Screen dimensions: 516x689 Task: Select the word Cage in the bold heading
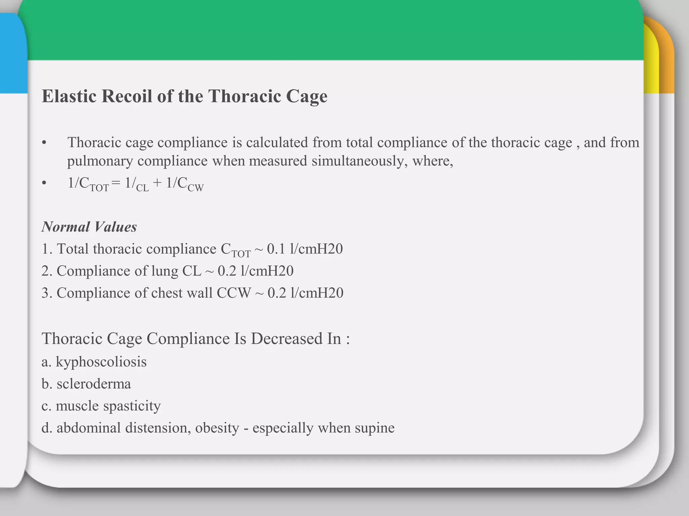pyautogui.click(x=306, y=97)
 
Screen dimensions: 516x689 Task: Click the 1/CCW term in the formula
pyautogui.click(x=185, y=184)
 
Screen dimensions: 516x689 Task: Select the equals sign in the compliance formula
pyautogui.click(x=116, y=183)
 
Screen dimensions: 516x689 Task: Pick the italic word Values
pyautogui.click(x=116, y=227)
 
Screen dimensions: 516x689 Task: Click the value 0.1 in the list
pyautogui.click(x=276, y=249)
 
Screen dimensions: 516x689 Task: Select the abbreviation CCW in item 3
pyautogui.click(x=233, y=293)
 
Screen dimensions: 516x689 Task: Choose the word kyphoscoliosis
pyautogui.click(x=101, y=362)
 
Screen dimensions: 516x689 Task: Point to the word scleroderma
pyautogui.click(x=94, y=384)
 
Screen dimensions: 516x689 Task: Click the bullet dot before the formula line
pyautogui.click(x=44, y=184)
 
